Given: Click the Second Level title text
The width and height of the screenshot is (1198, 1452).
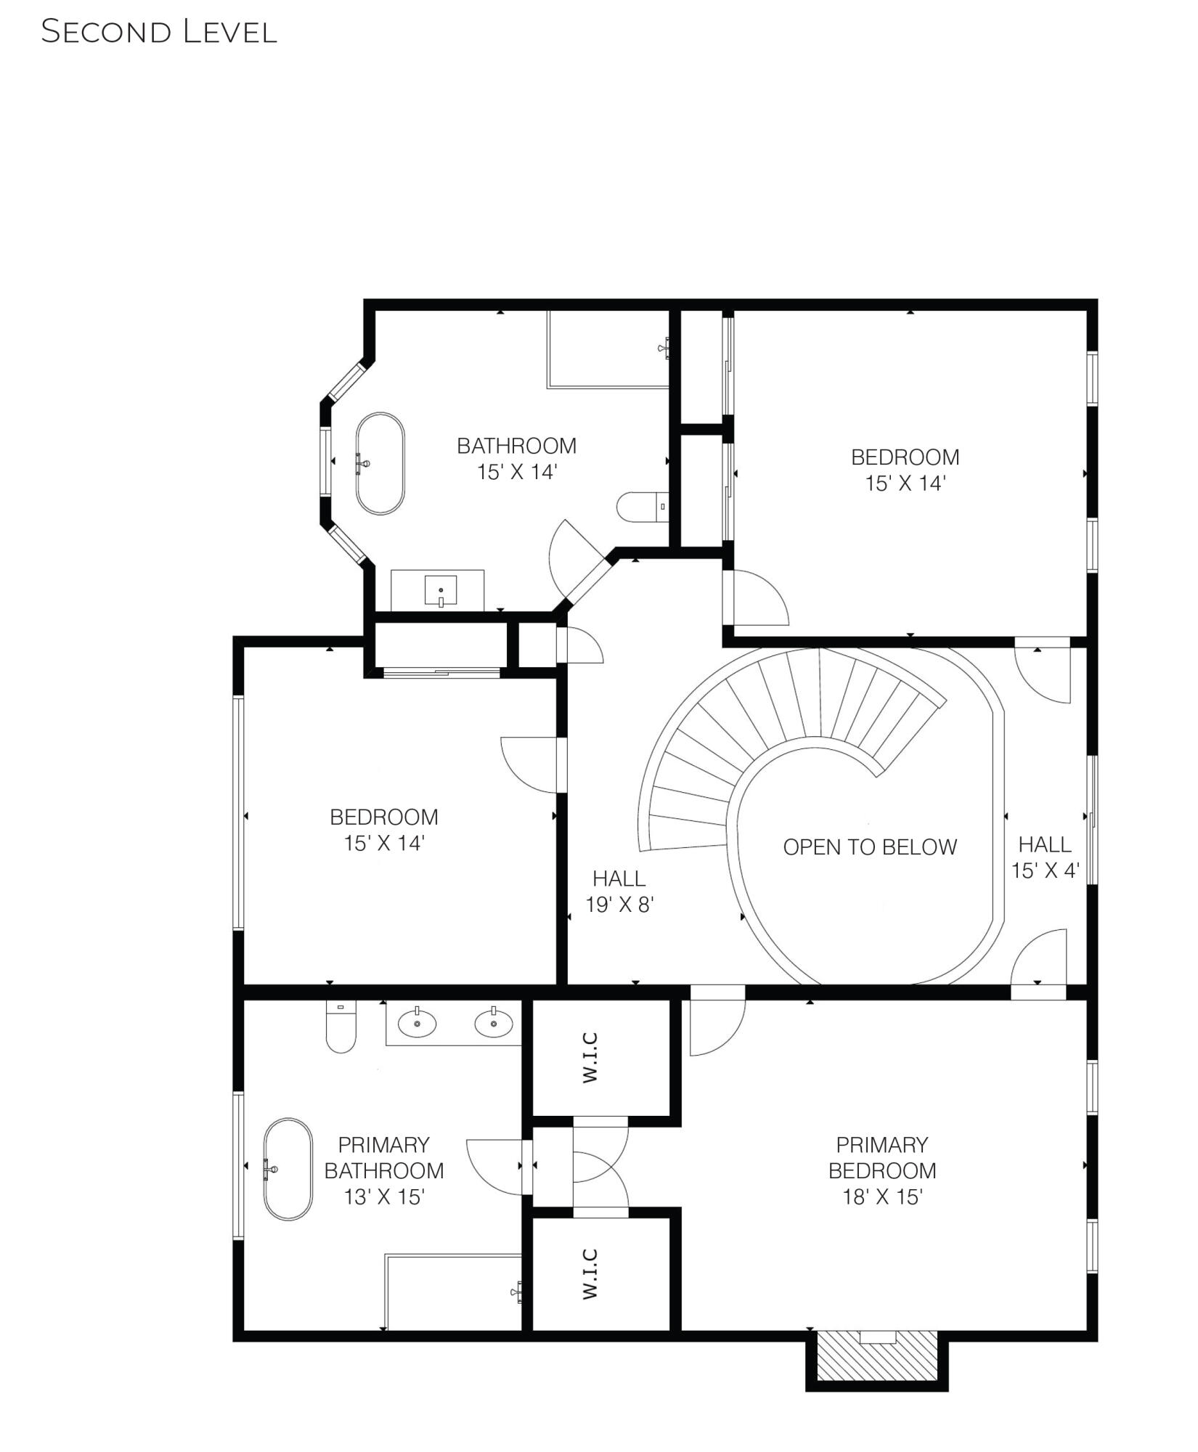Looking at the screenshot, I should [x=158, y=32].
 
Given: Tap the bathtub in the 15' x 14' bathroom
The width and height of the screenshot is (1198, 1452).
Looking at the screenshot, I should [x=380, y=463].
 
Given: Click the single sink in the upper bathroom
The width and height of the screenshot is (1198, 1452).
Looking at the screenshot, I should [x=441, y=590].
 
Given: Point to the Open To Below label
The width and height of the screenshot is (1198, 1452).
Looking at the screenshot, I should [x=869, y=847].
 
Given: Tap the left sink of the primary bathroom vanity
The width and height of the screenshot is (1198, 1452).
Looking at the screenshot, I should [x=417, y=1024].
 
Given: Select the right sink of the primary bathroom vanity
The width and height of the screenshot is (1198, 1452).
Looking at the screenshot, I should [x=494, y=1024].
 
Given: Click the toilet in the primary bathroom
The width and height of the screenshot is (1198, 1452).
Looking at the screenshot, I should [x=341, y=1027].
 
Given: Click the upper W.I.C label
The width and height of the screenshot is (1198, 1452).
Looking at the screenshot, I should [x=590, y=1057].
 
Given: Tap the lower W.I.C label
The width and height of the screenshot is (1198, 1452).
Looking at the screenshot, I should [x=590, y=1274].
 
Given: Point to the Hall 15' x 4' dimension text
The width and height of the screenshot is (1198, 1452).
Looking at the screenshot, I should [x=1045, y=870].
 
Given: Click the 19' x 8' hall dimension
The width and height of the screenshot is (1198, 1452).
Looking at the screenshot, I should [x=620, y=905].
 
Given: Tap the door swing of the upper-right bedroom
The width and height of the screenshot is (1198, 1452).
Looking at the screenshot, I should [x=759, y=599].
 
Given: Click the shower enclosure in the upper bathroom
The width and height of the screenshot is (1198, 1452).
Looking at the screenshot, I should [x=608, y=349].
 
